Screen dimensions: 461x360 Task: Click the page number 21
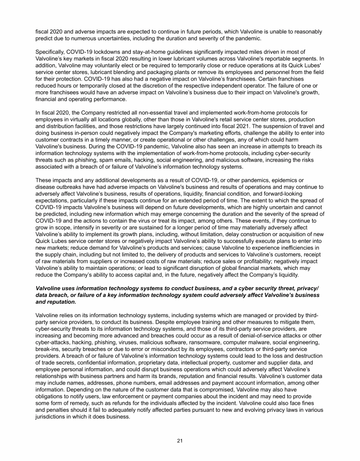[180, 440]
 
